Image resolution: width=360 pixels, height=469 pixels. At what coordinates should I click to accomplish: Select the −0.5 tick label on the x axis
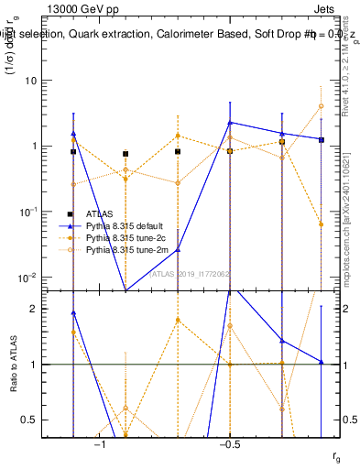(229, 444)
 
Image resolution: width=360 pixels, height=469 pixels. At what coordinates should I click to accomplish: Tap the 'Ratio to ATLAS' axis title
(14, 364)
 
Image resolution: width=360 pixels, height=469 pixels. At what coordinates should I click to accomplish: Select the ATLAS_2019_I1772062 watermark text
(191, 273)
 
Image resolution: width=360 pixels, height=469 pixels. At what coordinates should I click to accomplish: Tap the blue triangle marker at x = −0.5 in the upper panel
(230, 122)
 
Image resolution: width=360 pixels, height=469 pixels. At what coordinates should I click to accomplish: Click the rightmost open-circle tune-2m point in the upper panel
(322, 106)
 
